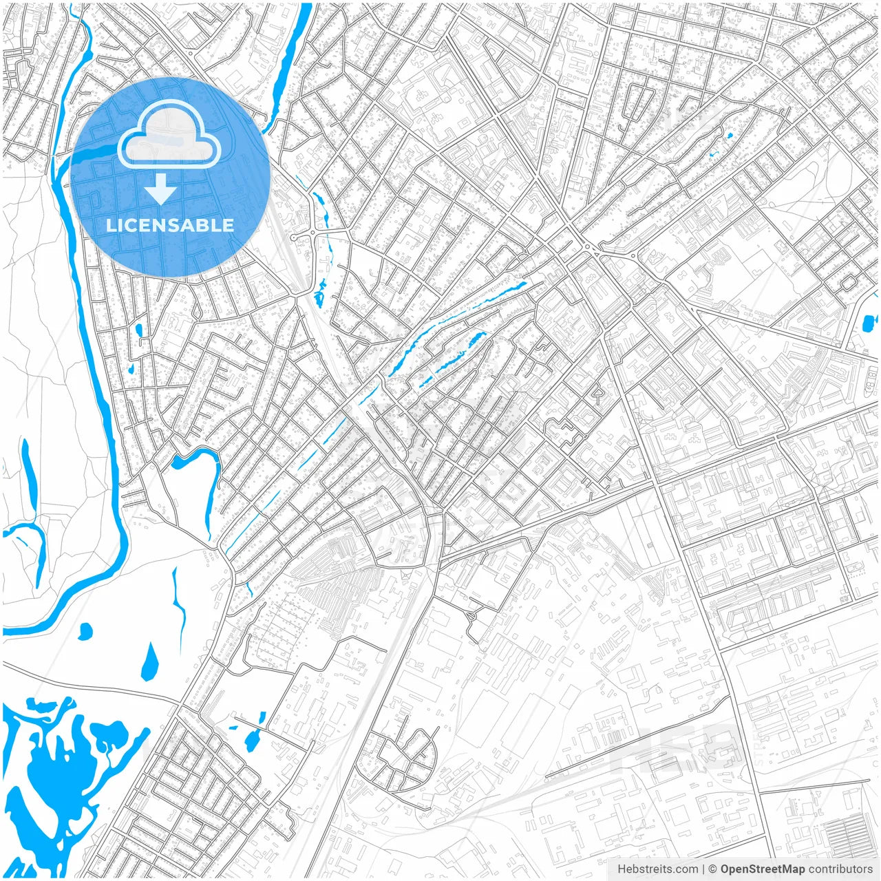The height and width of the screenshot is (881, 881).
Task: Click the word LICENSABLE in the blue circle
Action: point(170,225)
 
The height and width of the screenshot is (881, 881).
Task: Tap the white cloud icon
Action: point(169,135)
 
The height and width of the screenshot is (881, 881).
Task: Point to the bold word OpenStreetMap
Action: point(763,869)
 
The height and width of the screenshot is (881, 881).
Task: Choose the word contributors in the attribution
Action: point(840,869)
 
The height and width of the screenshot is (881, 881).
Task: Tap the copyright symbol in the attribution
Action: point(713,869)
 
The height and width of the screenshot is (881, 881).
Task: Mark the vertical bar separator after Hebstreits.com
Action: point(703,869)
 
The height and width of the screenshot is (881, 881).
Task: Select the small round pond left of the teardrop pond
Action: point(85,630)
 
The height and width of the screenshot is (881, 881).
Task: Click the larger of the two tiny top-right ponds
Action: point(729,136)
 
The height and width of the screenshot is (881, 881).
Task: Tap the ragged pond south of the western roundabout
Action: point(321,293)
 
